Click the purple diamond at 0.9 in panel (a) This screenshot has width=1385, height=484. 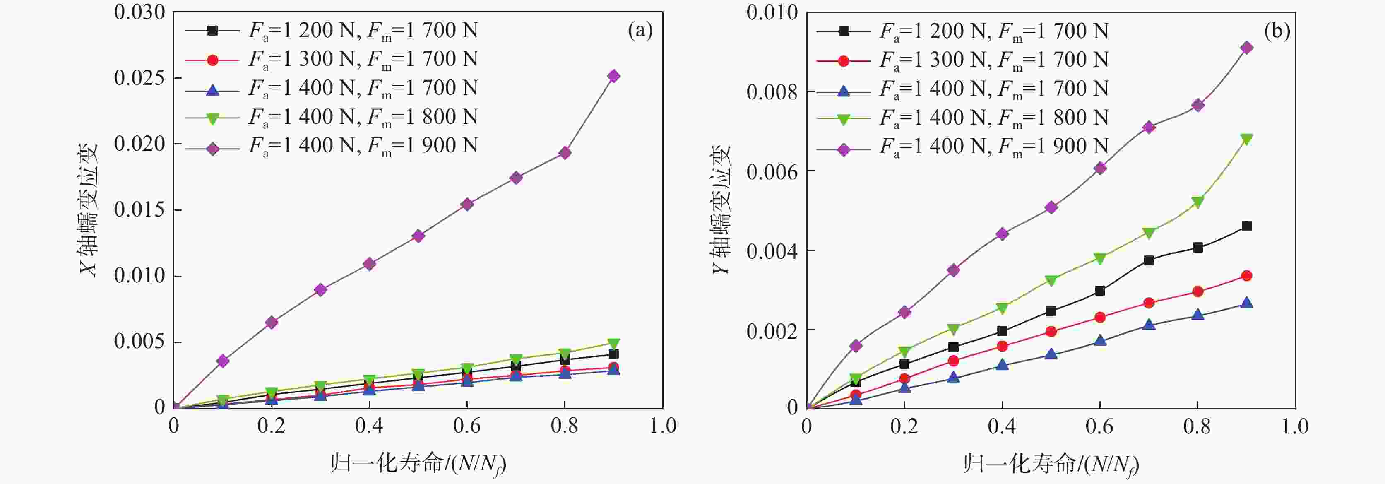click(613, 76)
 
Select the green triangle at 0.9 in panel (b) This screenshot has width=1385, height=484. click(1246, 139)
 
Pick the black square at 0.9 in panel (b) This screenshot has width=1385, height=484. click(1246, 226)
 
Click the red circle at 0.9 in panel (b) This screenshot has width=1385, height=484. click(1246, 276)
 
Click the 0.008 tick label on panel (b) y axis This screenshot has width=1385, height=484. click(772, 92)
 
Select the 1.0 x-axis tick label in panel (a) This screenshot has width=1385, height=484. click(662, 426)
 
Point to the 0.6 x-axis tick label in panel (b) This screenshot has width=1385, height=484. click(1099, 426)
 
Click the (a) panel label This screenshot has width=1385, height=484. click(640, 31)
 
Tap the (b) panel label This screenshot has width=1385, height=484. click(1277, 31)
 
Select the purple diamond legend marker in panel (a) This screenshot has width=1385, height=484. click(212, 149)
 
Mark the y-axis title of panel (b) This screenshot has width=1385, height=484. click(721, 210)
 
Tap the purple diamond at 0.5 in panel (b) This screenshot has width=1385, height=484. click(1051, 207)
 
